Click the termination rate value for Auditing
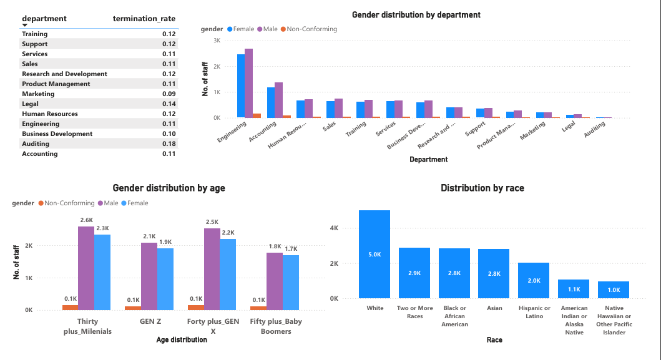click(x=169, y=144)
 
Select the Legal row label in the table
click(x=30, y=104)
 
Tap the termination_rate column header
click(x=144, y=19)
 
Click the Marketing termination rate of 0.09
click(x=169, y=94)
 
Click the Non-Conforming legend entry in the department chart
click(x=308, y=29)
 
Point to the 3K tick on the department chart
click(x=217, y=41)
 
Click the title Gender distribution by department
click(x=416, y=14)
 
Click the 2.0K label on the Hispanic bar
click(x=534, y=281)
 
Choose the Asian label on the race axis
click(x=494, y=308)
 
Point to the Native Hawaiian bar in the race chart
click(x=614, y=289)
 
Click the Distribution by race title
click(x=482, y=188)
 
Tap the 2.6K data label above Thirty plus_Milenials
click(x=86, y=220)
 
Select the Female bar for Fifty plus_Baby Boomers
click(x=291, y=283)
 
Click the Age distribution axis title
click(x=182, y=340)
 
